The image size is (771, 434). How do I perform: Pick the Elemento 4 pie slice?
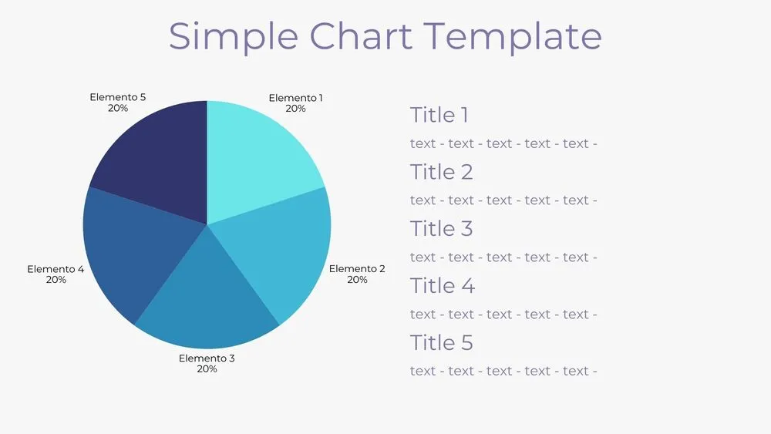[131, 247]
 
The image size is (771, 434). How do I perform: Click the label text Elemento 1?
[295, 98]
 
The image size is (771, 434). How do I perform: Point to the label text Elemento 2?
[357, 269]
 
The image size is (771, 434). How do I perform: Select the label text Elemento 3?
[207, 358]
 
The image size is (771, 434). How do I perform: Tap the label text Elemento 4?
[56, 269]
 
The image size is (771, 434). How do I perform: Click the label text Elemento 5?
[117, 97]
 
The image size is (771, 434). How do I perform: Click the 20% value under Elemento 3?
[207, 369]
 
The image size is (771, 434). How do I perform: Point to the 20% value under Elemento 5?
[118, 108]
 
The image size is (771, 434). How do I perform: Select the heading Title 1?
[439, 116]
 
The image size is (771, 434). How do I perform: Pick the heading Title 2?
[441, 172]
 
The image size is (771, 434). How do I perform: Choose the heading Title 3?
[441, 229]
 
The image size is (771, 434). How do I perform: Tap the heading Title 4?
[442, 286]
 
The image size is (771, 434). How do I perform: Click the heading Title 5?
[441, 343]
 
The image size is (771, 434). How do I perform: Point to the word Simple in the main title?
[233, 36]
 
